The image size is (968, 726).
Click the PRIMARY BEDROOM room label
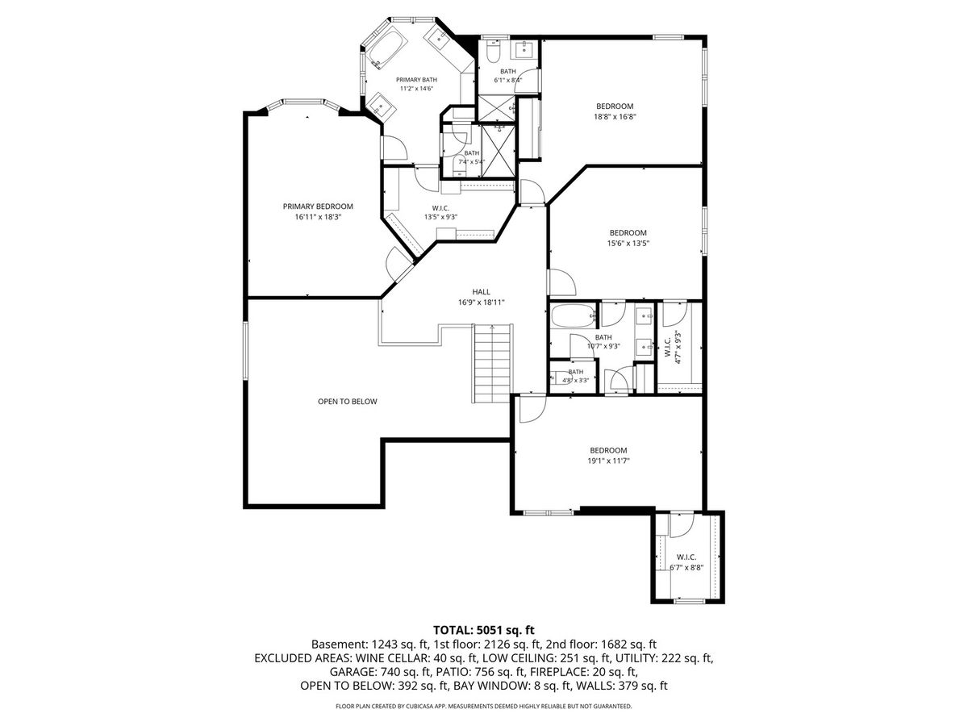[318, 207]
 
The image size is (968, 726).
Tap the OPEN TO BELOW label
[348, 402]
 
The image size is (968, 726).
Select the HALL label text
[481, 292]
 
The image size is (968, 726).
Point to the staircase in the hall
[493, 364]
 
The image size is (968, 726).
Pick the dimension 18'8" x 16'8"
[615, 117]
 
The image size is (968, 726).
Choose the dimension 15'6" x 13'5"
[628, 244]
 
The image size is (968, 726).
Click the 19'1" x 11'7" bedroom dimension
[608, 461]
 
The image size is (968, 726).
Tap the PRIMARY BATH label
[416, 80]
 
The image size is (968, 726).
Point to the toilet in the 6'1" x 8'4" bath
[493, 51]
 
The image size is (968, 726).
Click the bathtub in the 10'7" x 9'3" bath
[573, 315]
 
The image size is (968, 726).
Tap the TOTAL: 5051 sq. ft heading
[484, 629]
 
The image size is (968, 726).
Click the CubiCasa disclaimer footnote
[484, 706]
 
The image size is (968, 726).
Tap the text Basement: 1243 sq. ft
[370, 645]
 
